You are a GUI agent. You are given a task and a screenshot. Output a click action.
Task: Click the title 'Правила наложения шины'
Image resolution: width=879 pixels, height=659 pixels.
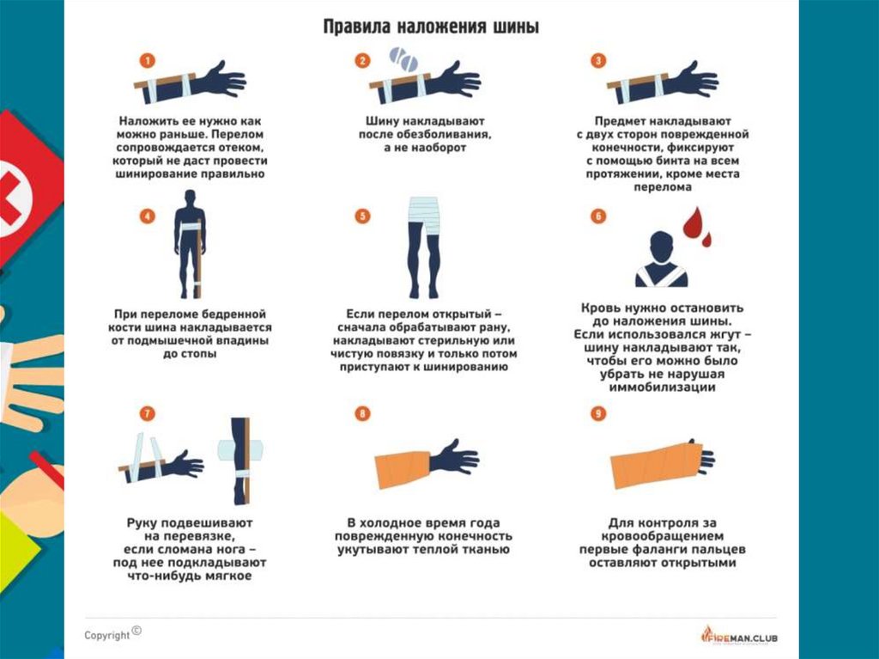pyautogui.click(x=431, y=27)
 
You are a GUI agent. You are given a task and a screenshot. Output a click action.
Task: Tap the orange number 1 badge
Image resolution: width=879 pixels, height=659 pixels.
pyautogui.click(x=148, y=61)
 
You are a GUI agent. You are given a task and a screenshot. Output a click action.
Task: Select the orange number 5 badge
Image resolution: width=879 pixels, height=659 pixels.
pyautogui.click(x=363, y=217)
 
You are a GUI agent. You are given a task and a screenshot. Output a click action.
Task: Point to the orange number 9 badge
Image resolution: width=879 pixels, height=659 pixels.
pyautogui.click(x=598, y=413)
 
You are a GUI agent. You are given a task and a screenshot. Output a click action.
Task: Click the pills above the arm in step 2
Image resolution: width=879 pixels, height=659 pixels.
pyautogui.click(x=403, y=58)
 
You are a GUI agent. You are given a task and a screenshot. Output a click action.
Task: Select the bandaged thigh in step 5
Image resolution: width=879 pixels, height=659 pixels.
pyautogui.click(x=424, y=217)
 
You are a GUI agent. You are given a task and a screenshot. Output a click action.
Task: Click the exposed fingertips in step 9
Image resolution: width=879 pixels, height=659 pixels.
pyautogui.click(x=707, y=457)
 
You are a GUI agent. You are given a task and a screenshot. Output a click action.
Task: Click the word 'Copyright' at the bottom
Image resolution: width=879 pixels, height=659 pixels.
pyautogui.click(x=107, y=636)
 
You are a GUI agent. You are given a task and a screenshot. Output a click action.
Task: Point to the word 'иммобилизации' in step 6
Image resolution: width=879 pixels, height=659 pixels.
pyautogui.click(x=662, y=387)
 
